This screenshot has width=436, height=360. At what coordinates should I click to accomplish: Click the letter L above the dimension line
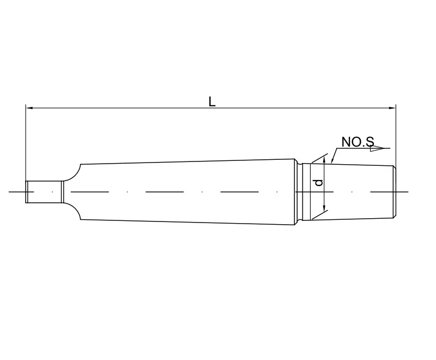(x=212, y=101)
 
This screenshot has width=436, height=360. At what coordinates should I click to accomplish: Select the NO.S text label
(x=358, y=142)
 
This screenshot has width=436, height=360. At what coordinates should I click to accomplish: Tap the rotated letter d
(x=319, y=183)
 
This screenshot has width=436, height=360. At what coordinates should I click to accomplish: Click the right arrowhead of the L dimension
(x=392, y=108)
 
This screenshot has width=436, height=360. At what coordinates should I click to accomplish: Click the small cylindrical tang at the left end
(x=44, y=191)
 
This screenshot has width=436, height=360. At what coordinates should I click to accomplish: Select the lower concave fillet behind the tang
(x=74, y=211)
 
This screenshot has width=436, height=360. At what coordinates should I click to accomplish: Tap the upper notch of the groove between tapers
(x=300, y=162)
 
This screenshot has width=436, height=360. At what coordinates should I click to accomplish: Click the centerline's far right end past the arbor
(x=406, y=191)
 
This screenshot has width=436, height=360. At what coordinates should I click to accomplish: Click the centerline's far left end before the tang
(x=11, y=191)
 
